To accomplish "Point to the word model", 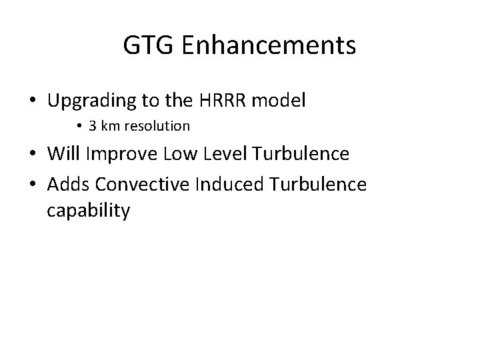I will click(x=279, y=101).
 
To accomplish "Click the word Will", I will click(x=65, y=155).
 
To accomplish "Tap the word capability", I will click(x=89, y=211).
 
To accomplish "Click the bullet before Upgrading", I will click(x=32, y=102).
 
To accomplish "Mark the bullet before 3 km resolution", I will click(x=78, y=126).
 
